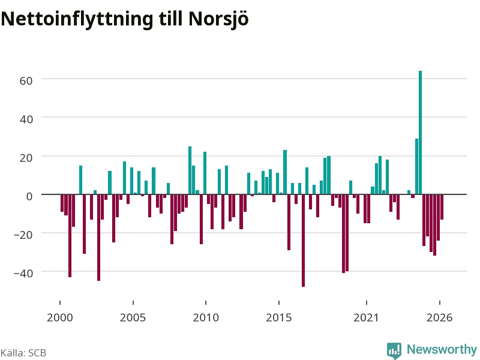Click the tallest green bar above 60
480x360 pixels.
tap(421, 133)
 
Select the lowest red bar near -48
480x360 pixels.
tap(304, 241)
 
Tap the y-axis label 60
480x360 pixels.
tap(26, 81)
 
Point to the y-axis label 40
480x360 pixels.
tap(26, 119)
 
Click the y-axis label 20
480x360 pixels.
tap(26, 158)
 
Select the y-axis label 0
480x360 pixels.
tap(29, 196)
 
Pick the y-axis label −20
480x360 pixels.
tap(23, 235)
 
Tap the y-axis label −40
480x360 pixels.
tap(23, 274)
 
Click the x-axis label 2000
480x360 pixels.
tap(60, 318)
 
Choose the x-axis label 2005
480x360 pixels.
tap(133, 318)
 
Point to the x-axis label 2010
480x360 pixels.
tap(206, 318)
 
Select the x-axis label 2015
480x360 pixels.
tap(279, 318)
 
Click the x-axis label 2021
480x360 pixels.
tap(367, 318)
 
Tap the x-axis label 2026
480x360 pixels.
tap(440, 318)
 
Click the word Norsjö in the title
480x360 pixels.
tap(218, 19)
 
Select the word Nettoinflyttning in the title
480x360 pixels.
tap(77, 19)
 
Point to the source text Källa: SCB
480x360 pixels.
tap(23, 353)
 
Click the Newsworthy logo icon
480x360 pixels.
tap(394, 350)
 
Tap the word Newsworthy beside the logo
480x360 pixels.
tap(442, 350)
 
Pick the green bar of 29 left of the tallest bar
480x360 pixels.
tap(416, 167)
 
